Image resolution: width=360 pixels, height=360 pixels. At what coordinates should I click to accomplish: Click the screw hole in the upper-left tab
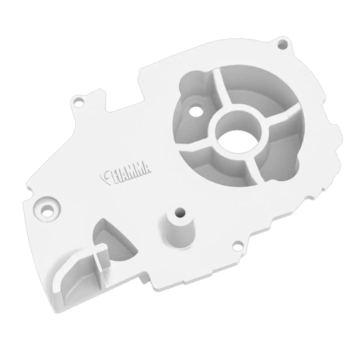pos(79,101)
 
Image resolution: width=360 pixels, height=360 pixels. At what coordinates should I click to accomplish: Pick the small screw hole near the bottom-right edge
pos(238,244)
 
